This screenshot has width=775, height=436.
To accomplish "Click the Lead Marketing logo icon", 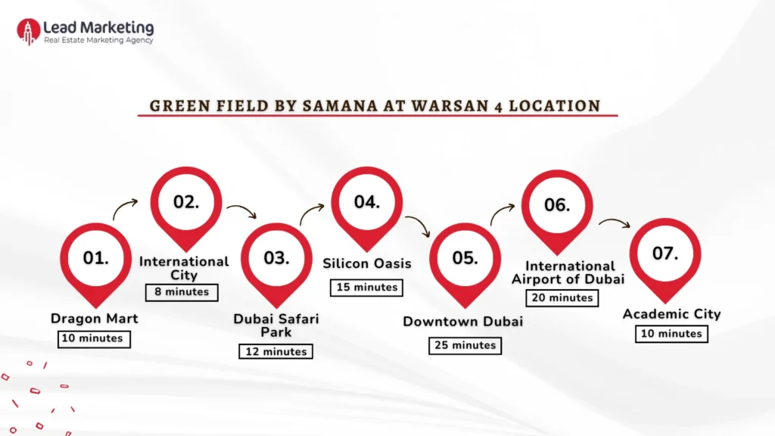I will coord(28,31).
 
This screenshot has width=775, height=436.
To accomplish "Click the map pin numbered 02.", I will coord(186,203).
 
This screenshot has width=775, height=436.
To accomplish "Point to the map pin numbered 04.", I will coord(366,203).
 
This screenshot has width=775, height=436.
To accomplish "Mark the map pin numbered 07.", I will coord(665,254).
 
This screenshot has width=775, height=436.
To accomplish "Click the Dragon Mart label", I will coord(95,319).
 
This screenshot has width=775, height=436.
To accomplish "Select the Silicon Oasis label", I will coord(367,263).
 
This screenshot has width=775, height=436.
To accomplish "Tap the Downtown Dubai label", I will coord(463,322).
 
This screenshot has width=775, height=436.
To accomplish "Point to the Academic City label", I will coord(671,314).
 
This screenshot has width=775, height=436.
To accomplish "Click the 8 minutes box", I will coord(182,292).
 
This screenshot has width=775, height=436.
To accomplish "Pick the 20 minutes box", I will coord(562,297).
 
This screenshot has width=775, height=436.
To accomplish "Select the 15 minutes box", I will coord(367,288).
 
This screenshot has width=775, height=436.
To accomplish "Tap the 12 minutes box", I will coord(275,351).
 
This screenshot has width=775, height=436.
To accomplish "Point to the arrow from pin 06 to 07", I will coord(615,223).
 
